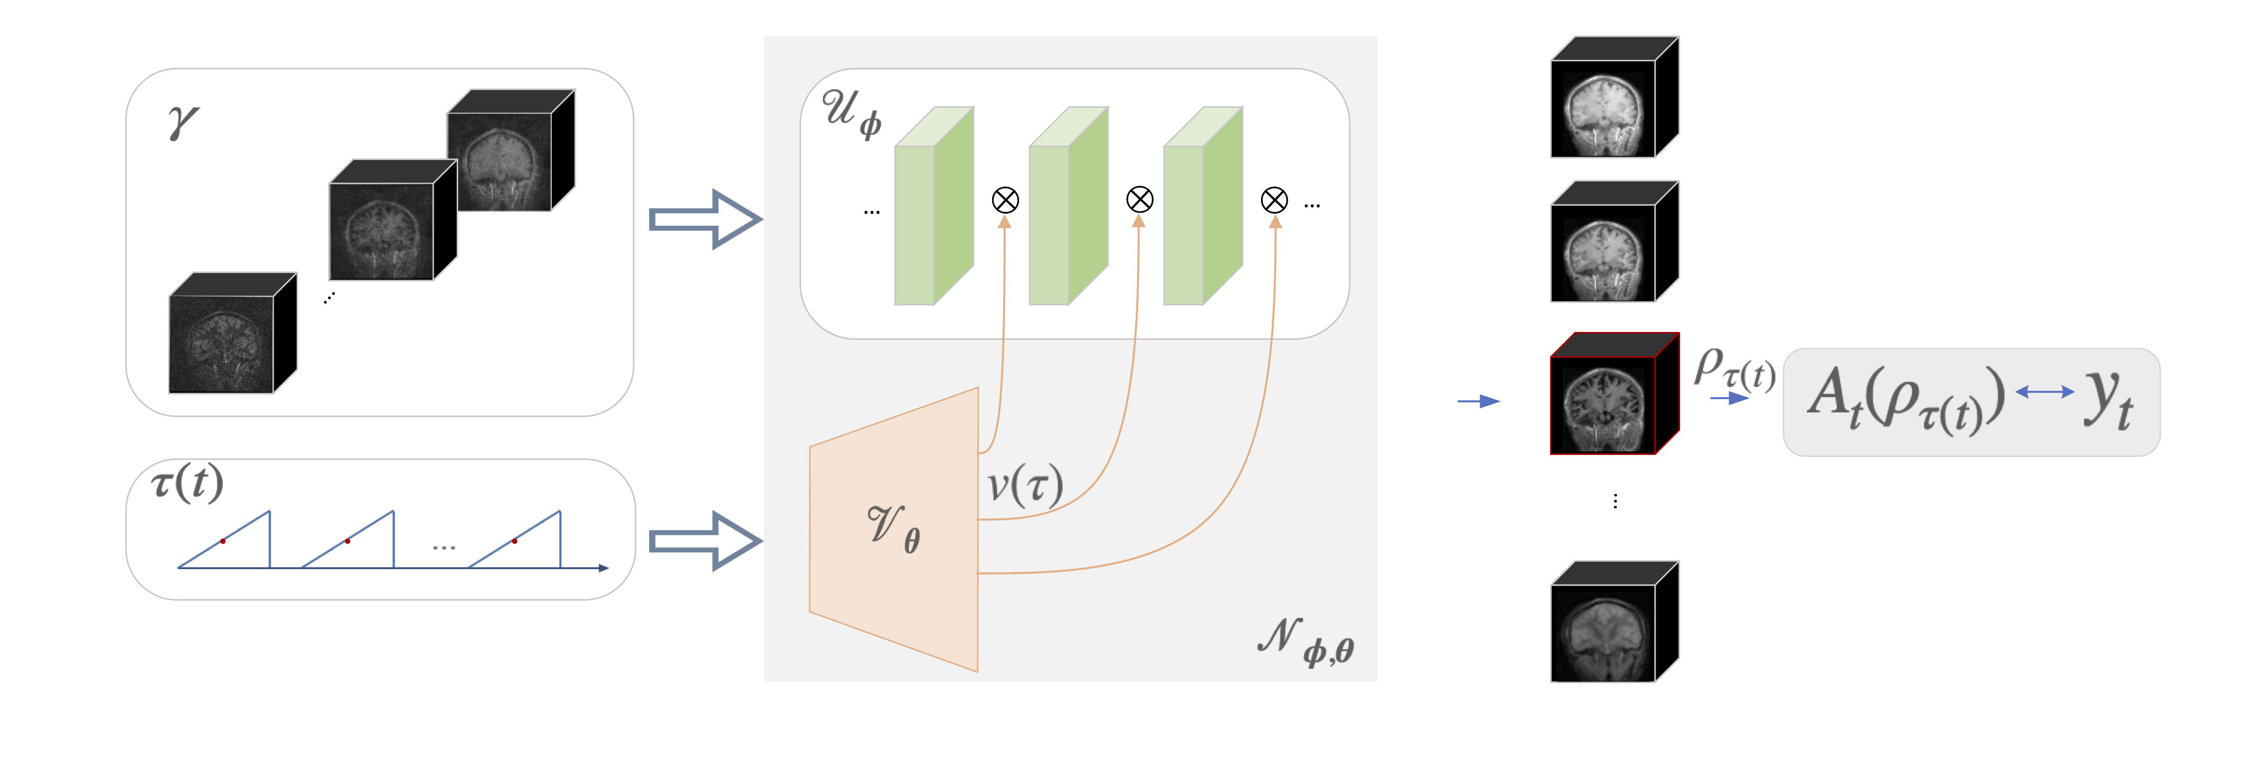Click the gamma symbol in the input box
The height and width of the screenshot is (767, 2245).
(183, 122)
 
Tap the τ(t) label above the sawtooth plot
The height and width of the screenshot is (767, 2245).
(187, 482)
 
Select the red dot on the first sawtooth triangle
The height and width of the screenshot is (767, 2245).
(223, 541)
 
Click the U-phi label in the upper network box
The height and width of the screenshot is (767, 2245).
(852, 113)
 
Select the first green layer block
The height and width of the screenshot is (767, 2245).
(933, 206)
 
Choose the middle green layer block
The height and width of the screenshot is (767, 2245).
(1068, 206)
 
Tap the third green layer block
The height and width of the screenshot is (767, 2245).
(1203, 206)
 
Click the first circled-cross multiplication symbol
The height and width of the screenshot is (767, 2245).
(1005, 200)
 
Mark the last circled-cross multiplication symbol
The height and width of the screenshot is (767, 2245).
(1274, 200)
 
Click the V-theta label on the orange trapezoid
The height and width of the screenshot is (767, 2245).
(893, 527)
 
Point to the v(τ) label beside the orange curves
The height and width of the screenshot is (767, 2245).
(1025, 484)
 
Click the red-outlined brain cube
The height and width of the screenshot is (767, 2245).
(1614, 393)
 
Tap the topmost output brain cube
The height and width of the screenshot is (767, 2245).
(1614, 97)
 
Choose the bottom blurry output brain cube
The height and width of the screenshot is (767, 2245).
(1614, 621)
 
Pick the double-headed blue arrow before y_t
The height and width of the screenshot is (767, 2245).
(2045, 392)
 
